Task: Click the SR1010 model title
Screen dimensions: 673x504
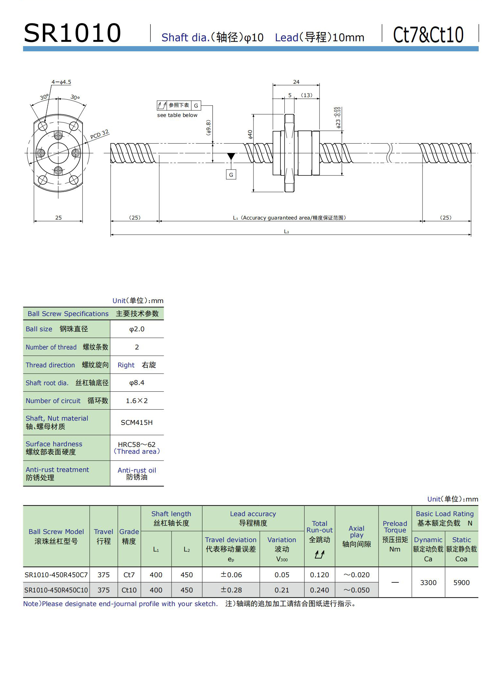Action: [x=72, y=33]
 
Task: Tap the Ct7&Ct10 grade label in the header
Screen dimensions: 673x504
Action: [x=428, y=35]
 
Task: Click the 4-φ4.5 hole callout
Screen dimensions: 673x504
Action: [x=61, y=82]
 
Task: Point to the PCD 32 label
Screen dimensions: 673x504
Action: [x=99, y=134]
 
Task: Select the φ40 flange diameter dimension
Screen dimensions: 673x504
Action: [x=250, y=134]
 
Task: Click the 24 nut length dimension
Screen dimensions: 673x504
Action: [x=296, y=82]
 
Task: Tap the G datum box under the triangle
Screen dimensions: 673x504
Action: [x=231, y=175]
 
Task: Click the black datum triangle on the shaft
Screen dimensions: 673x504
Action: [x=231, y=157]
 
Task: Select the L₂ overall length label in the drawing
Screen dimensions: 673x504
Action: [x=286, y=232]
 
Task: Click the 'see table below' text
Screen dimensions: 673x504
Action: [x=177, y=115]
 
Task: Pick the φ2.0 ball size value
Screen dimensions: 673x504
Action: [x=137, y=329]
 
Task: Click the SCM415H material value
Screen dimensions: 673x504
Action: [x=137, y=422]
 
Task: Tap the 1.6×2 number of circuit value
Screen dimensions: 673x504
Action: [x=137, y=401]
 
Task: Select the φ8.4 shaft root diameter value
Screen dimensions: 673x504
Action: [x=137, y=383]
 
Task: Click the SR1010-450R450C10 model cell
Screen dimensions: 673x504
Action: [x=56, y=590]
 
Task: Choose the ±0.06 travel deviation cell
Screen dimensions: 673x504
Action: [x=231, y=575]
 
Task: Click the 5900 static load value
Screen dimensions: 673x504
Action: [x=461, y=582]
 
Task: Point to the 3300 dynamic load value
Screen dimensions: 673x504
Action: [x=428, y=582]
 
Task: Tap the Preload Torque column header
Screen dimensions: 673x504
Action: [x=395, y=536]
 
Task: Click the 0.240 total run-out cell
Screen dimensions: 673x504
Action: [x=319, y=590]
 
